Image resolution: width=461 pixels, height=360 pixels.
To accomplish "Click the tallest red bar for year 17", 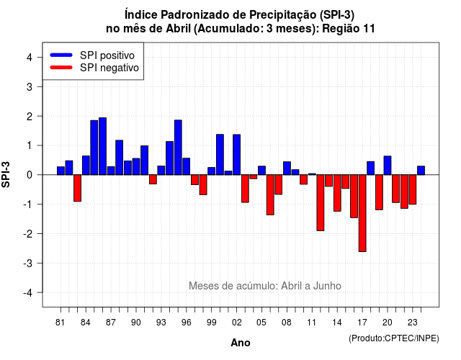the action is click(362, 213).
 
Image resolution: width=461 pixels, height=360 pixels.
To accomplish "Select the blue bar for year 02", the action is click(237, 155).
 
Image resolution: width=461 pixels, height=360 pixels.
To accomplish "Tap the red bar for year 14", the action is click(337, 193).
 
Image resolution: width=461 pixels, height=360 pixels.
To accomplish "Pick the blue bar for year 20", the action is click(388, 166).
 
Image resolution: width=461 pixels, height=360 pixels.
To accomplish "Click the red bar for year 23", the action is click(413, 189).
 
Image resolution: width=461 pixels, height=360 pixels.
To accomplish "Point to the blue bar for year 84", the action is click(86, 165).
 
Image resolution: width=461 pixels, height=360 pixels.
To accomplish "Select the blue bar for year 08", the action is click(287, 168).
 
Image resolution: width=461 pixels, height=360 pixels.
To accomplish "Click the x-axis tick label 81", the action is click(60, 323).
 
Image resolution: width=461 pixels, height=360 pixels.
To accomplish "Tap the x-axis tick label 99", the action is click(211, 323).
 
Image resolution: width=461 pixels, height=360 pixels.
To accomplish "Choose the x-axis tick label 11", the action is click(312, 323).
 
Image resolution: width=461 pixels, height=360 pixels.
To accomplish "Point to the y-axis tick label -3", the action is click(28, 263).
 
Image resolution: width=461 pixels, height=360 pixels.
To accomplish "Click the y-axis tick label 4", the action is click(30, 58).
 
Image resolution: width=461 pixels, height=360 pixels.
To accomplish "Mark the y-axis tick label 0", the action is click(30, 175).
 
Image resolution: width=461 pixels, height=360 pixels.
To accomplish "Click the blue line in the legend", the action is click(61, 55).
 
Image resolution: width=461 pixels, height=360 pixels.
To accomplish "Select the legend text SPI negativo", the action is click(109, 68).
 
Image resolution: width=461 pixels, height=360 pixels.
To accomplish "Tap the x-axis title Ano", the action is click(241, 343).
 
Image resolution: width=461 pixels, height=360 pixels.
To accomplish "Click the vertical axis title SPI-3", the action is click(6, 174).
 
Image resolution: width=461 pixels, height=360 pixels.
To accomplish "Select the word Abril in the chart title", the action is click(179, 29).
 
